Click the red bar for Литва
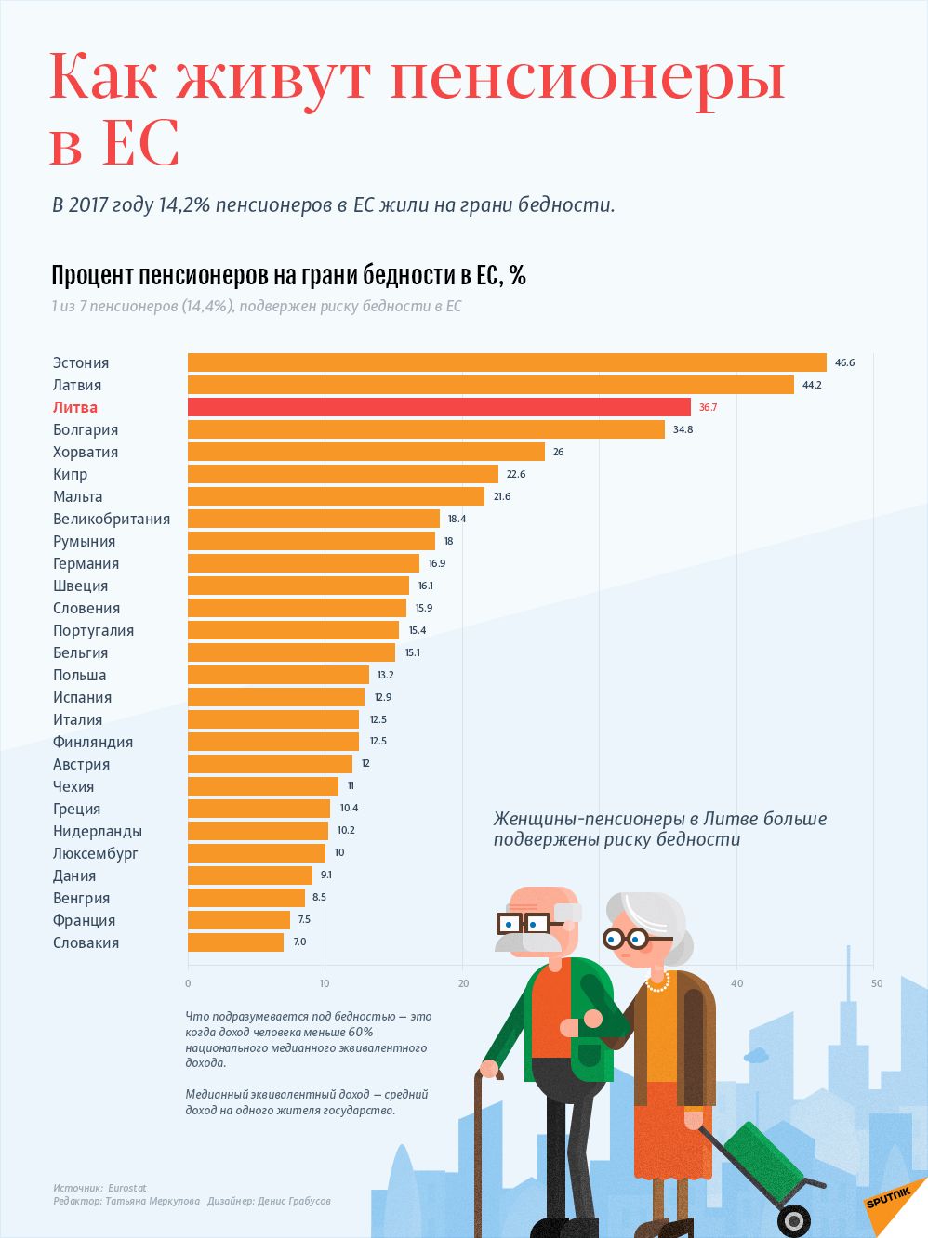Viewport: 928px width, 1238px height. [439, 407]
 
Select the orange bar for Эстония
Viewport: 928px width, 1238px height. [507, 362]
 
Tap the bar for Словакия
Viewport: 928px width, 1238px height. [235, 942]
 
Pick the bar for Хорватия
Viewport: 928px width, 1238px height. [366, 452]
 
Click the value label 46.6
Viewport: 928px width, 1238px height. [844, 362]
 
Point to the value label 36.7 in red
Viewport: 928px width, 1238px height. [708, 407]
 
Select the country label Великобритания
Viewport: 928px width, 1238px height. [112, 519]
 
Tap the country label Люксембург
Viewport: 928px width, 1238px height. [96, 853]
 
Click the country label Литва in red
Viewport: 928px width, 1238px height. [75, 407]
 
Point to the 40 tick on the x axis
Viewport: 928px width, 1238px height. [736, 983]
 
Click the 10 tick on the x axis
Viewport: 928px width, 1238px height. [325, 983]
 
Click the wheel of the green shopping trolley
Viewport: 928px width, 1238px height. [793, 1219]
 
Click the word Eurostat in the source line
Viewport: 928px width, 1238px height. [127, 1188]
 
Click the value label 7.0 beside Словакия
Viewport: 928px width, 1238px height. [299, 942]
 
